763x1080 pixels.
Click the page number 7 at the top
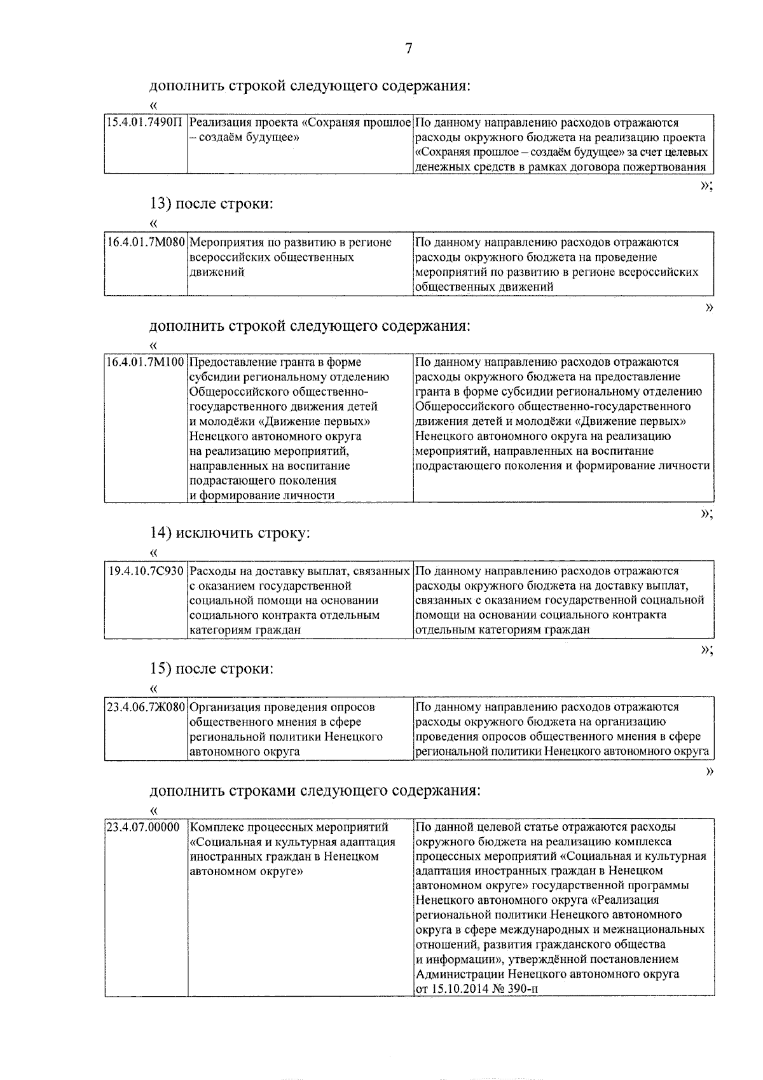pyautogui.click(x=408, y=49)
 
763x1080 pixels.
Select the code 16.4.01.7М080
pyautogui.click(x=146, y=243)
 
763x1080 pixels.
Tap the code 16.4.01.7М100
pyautogui.click(x=146, y=363)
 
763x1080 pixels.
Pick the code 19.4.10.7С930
pyautogui.click(x=146, y=571)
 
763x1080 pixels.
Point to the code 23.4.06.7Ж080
pyautogui.click(x=146, y=707)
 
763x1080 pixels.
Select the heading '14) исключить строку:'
pyautogui.click(x=230, y=532)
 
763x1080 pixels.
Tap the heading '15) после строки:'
pyautogui.click(x=212, y=669)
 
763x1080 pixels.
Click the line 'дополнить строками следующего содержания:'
pyautogui.click(x=315, y=791)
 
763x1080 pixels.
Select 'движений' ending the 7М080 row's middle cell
pyautogui.click(x=217, y=272)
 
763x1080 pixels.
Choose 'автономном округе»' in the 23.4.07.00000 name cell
pyautogui.click(x=247, y=871)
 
